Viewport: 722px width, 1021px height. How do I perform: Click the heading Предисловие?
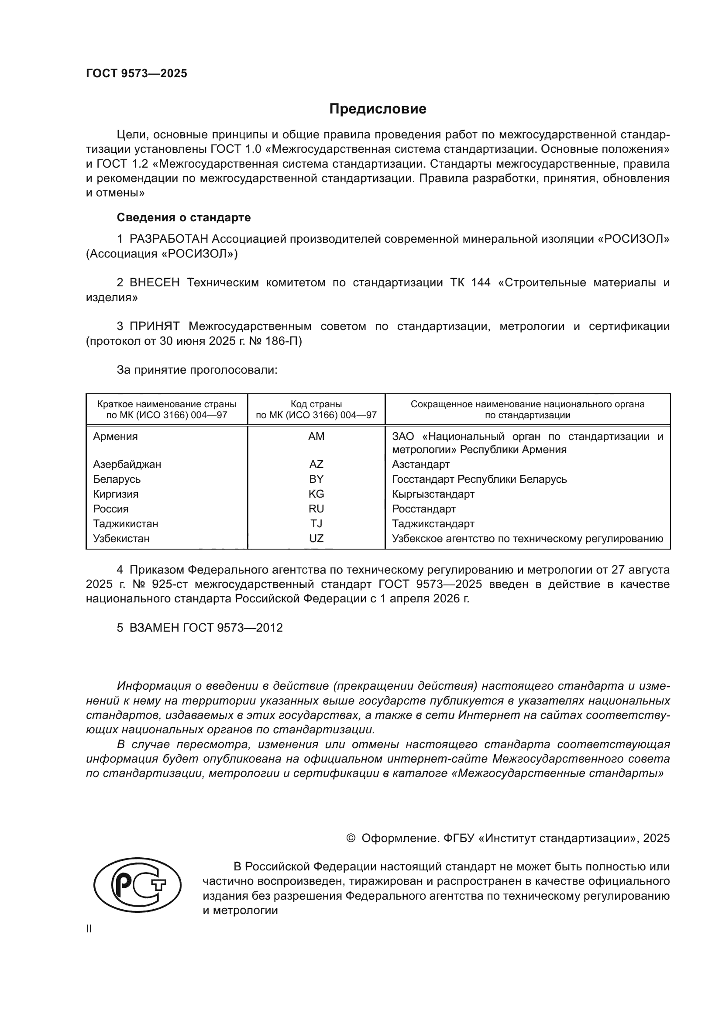click(x=378, y=109)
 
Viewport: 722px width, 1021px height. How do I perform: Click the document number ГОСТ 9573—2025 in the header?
click(x=137, y=74)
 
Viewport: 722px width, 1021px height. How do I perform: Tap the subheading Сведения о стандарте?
click(x=184, y=217)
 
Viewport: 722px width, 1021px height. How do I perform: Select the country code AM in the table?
click(x=316, y=436)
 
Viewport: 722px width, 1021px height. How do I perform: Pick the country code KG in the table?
click(x=316, y=494)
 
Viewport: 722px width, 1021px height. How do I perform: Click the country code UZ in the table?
click(x=316, y=539)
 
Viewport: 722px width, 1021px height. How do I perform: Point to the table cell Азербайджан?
click(x=127, y=464)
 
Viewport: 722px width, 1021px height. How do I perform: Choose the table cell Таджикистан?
click(x=125, y=523)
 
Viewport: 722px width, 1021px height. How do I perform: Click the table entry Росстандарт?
click(x=424, y=509)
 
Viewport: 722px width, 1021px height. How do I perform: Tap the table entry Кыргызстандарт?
click(x=433, y=494)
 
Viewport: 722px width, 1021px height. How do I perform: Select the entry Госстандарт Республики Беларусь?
click(x=479, y=479)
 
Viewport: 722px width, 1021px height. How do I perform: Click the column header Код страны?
click(x=316, y=404)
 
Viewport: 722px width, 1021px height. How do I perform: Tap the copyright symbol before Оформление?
click(x=351, y=838)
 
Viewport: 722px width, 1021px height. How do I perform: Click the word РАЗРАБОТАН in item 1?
click(x=168, y=239)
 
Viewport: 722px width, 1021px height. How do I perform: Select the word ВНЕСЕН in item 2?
click(x=154, y=283)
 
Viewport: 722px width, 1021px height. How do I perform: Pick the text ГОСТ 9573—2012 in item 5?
click(x=233, y=627)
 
